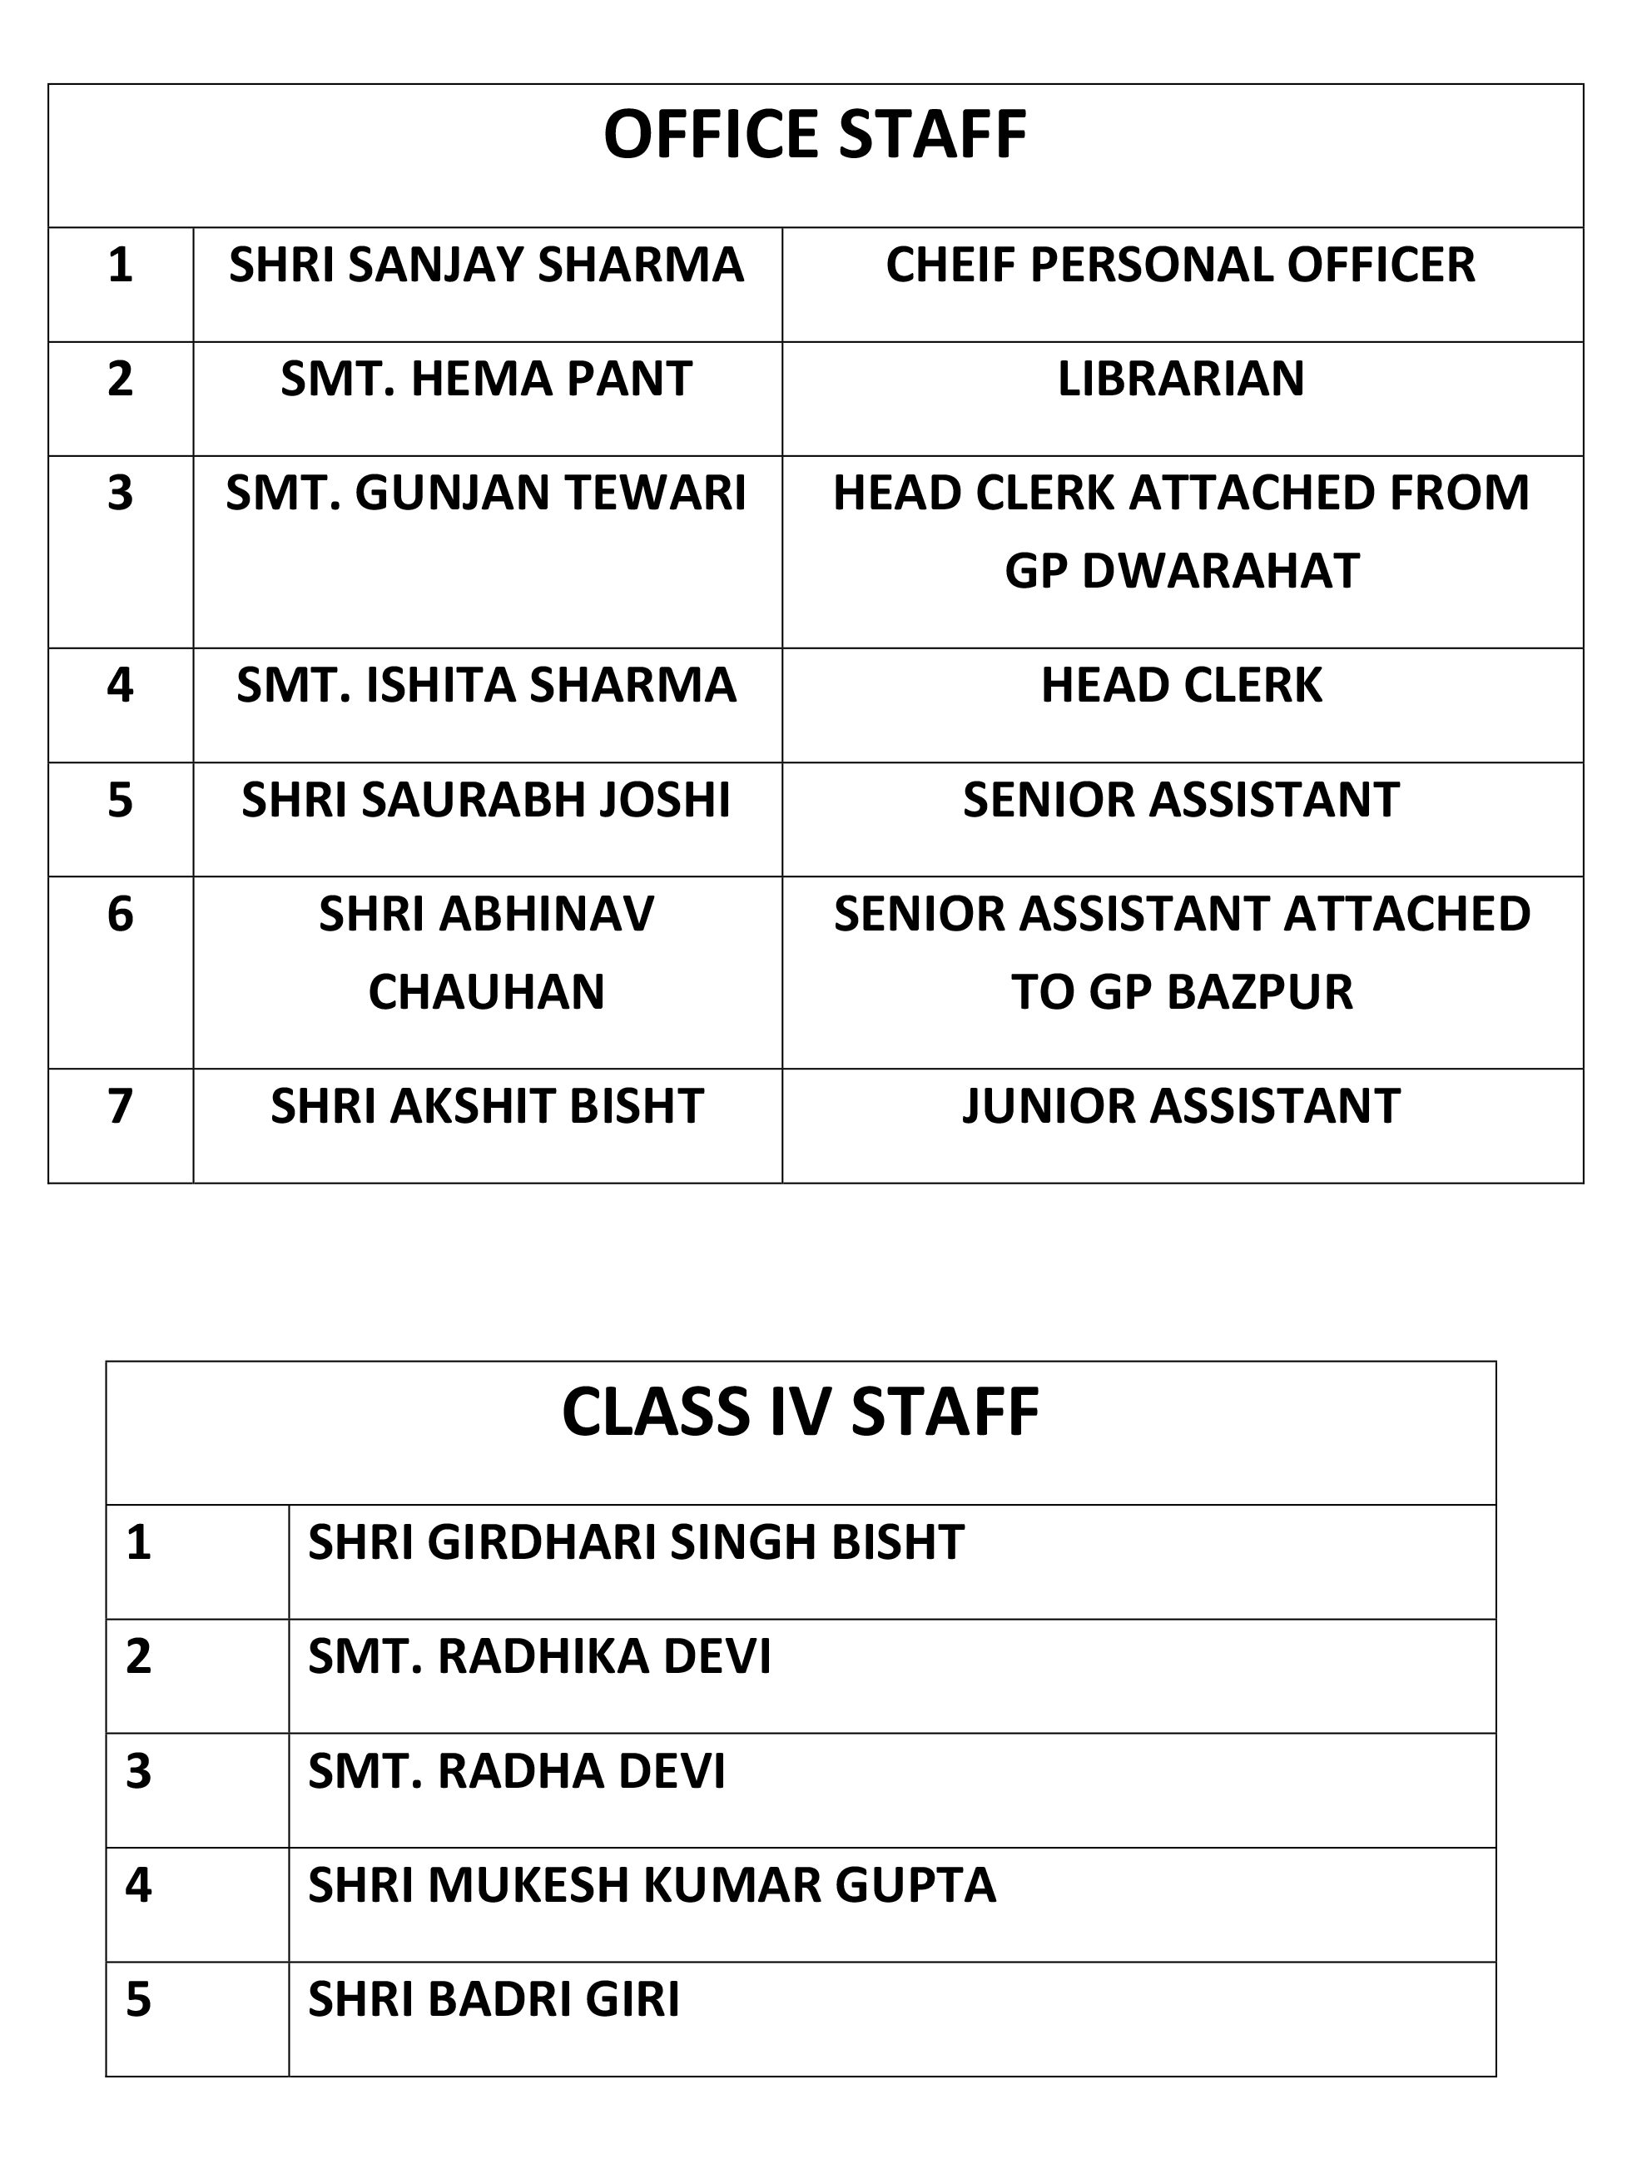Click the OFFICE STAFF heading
click(815, 135)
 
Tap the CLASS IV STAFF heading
click(801, 1413)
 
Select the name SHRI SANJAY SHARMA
click(486, 266)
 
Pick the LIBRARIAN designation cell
click(1181, 379)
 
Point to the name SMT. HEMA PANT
click(486, 379)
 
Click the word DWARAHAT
click(1220, 571)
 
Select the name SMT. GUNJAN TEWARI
click(486, 493)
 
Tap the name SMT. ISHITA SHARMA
click(486, 685)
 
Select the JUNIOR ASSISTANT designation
click(1181, 1107)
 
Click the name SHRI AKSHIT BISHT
click(486, 1107)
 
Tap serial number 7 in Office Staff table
click(120, 1107)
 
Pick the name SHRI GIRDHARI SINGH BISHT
click(636, 1543)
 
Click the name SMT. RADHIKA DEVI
click(538, 1657)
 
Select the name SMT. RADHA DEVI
click(516, 1771)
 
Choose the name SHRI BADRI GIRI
click(493, 2000)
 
